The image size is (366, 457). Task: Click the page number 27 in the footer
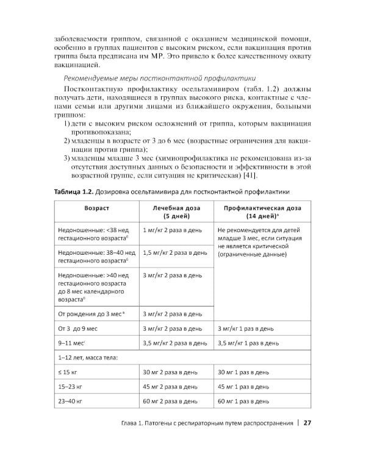point(307,423)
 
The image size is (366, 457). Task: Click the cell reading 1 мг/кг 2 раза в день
point(172,231)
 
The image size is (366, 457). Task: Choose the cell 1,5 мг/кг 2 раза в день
point(174,252)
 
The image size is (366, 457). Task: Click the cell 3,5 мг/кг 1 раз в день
point(250,343)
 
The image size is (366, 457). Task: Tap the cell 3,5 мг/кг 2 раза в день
point(174,343)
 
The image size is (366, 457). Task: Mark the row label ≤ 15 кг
point(67,372)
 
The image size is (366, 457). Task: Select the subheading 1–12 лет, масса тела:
point(88,357)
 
